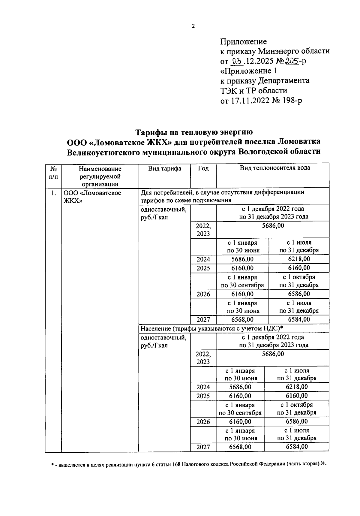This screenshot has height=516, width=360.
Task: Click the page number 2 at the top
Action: click(193, 26)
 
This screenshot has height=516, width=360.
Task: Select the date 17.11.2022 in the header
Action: click(250, 101)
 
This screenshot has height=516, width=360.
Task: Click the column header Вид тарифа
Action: click(164, 168)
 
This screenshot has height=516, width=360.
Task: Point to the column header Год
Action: click(203, 168)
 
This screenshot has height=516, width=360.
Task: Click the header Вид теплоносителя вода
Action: click(275, 168)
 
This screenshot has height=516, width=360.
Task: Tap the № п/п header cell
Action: click(53, 173)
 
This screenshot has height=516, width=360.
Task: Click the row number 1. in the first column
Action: click(53, 193)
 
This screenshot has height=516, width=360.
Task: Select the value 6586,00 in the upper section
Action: click(299, 294)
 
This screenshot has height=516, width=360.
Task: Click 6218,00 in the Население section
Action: click(297, 387)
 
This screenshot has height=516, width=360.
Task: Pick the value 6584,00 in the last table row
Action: click(297, 447)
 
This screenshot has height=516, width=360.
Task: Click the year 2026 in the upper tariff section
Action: click(203, 294)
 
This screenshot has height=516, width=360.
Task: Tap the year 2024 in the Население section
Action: click(203, 387)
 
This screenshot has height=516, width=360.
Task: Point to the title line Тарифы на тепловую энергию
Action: click(194, 132)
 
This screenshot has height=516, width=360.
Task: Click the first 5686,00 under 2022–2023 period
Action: click(273, 225)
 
